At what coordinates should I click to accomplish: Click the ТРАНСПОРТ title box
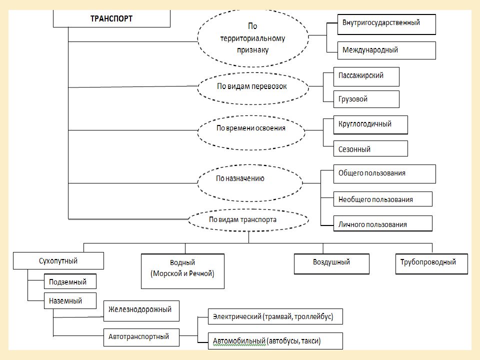coord(111,18)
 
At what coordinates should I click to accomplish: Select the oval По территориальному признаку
coord(253,38)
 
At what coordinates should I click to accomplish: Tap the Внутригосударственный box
coord(386,24)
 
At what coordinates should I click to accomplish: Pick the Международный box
coord(386,50)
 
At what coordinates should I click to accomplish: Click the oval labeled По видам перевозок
coord(253,88)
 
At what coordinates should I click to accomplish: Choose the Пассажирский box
coord(366,76)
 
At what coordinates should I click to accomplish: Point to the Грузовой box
coord(366,99)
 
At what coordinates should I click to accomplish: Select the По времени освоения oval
coord(251,133)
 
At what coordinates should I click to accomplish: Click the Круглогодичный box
coord(370,125)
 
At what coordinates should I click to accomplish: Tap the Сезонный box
coord(370,148)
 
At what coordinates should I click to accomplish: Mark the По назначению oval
coord(250,183)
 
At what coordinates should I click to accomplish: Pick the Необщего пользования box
coord(383,199)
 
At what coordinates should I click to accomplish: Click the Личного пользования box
coord(383,223)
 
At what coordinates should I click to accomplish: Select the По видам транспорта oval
coord(248,220)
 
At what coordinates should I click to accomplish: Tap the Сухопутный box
coord(58,261)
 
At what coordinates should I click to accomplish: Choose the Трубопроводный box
coord(431,264)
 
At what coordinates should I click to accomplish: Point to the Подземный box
coord(70,281)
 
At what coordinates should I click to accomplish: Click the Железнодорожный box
coord(141,311)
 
